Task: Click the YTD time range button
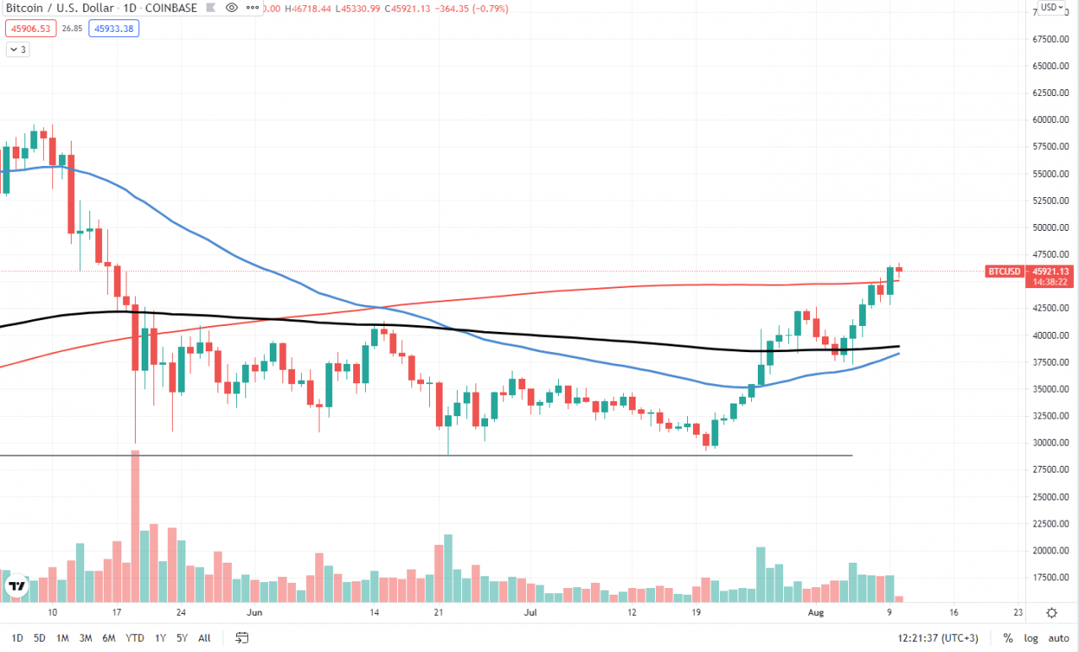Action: tap(134, 638)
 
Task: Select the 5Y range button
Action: tap(181, 638)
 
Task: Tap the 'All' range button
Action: tap(204, 638)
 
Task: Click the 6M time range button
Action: tap(109, 638)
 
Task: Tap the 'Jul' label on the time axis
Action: tap(531, 612)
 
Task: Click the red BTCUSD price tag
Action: tap(1004, 271)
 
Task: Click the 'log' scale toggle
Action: tap(1031, 638)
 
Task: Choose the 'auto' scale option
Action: tap(1057, 638)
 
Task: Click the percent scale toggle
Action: tap(1007, 638)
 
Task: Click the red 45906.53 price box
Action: tap(30, 28)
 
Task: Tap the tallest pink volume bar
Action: tap(135, 526)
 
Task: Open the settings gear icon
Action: tap(1051, 612)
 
